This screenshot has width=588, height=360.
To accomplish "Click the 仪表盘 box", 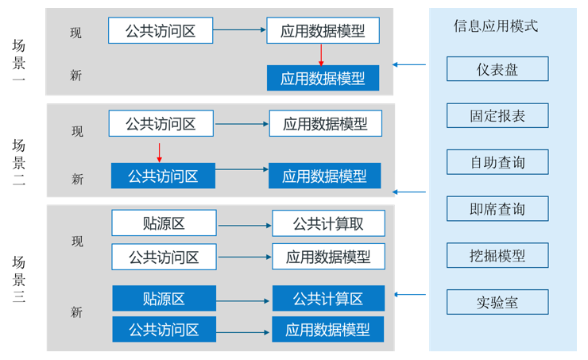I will coord(497,69).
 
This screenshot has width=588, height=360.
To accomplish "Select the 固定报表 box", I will coord(497,116).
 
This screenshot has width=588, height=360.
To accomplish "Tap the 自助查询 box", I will coord(497,163).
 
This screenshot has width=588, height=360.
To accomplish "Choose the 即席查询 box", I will coord(497,209).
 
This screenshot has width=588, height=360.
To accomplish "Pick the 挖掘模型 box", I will coord(497,256).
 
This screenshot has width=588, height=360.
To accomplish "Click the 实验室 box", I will coord(497,303).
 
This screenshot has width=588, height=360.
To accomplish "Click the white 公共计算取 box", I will coord(328,223).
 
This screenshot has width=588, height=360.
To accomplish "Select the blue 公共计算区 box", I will coord(328,299).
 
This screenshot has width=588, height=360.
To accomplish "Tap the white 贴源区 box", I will coord(164,223).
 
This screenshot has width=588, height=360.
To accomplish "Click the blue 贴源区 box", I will coord(164,299).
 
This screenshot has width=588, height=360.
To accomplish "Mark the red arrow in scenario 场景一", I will coord(321,55).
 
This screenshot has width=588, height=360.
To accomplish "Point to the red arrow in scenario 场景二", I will coord(160,151).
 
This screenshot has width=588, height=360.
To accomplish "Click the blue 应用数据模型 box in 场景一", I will coord(323,78).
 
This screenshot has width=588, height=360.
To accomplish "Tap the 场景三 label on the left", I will coord(19,279).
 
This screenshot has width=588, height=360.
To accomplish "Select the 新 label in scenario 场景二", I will coord(77,180).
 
